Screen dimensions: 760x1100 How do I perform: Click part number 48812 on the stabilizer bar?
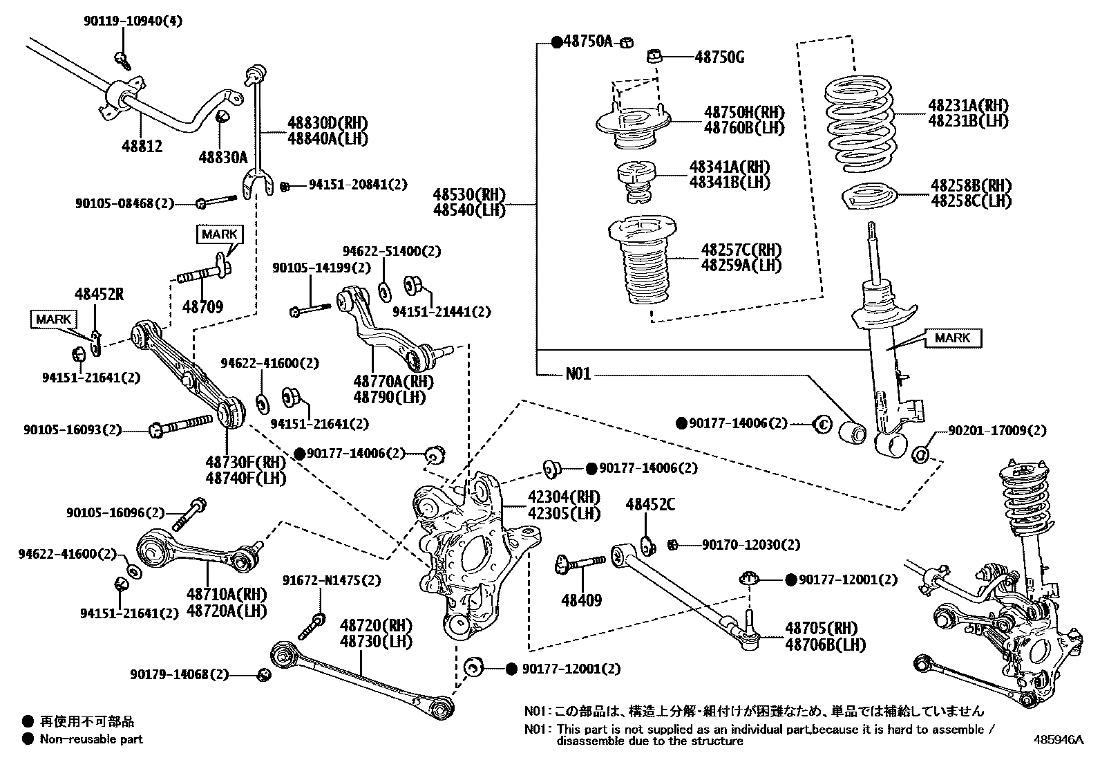pyautogui.click(x=142, y=146)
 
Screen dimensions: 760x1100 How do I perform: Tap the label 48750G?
pyautogui.click(x=719, y=57)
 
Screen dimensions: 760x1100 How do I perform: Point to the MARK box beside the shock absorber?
pyautogui.click(x=953, y=338)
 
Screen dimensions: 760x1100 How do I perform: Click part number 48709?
pyautogui.click(x=202, y=306)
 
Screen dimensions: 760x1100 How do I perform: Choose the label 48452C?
pyautogui.click(x=650, y=505)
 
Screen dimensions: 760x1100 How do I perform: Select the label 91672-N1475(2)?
pyautogui.click(x=332, y=580)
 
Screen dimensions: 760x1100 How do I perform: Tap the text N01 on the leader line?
pyautogui.click(x=578, y=374)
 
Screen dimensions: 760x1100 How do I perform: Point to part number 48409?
pyautogui.click(x=581, y=600)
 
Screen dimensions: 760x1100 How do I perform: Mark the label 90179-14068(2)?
pyautogui.click(x=179, y=674)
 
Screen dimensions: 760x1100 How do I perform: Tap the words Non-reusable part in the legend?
pyautogui.click(x=91, y=739)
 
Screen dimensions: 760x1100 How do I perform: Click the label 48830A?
pyautogui.click(x=222, y=158)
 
